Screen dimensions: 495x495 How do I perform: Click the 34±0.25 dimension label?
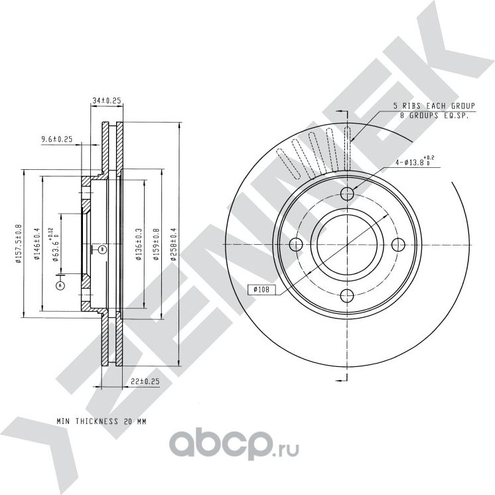click(x=106, y=100)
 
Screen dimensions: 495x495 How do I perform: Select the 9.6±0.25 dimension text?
click(x=56, y=139)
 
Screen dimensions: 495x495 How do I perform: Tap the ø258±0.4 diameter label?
click(x=174, y=246)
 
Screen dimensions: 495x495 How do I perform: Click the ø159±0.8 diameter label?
click(x=156, y=246)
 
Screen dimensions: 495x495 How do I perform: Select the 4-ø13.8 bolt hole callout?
click(x=413, y=161)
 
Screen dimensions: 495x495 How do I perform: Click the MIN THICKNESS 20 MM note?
click(x=101, y=421)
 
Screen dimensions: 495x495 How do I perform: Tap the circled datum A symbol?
click(x=61, y=285)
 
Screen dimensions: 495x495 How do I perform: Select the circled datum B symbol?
click(x=102, y=249)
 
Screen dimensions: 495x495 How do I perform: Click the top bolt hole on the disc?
click(x=348, y=193)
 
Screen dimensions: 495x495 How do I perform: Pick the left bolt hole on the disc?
click(x=297, y=244)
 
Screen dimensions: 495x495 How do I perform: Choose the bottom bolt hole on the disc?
click(x=348, y=295)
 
